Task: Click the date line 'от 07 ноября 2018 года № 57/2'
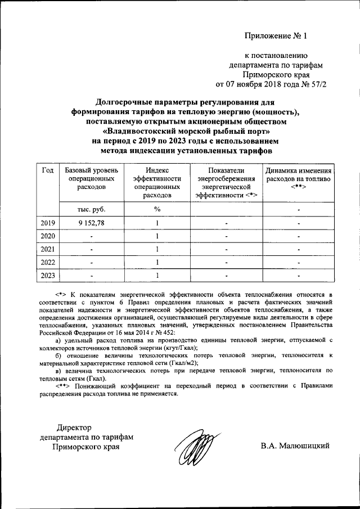pyautogui.click(x=271, y=84)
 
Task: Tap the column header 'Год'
pyautogui.click(x=48, y=170)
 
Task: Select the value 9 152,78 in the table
pyautogui.click(x=92, y=223)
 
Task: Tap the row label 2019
pyautogui.click(x=48, y=223)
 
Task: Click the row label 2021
pyautogui.click(x=48, y=249)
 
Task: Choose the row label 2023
pyautogui.click(x=48, y=275)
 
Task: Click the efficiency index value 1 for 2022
pyautogui.click(x=157, y=262)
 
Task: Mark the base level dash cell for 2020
pyautogui.click(x=92, y=237)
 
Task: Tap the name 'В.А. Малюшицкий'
pyautogui.click(x=295, y=446)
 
